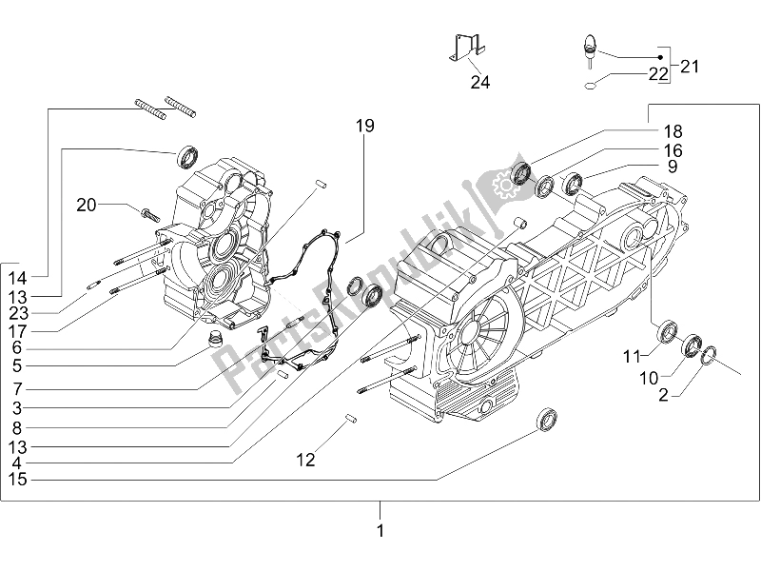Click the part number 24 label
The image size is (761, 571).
[479, 83]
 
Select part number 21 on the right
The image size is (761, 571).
[689, 66]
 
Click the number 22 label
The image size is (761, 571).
[658, 74]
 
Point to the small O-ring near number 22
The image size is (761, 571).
[590, 86]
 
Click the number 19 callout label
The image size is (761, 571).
[365, 126]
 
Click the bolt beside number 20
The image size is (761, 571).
[150, 211]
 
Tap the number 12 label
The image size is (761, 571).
[304, 461]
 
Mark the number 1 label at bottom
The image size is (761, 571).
[380, 531]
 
